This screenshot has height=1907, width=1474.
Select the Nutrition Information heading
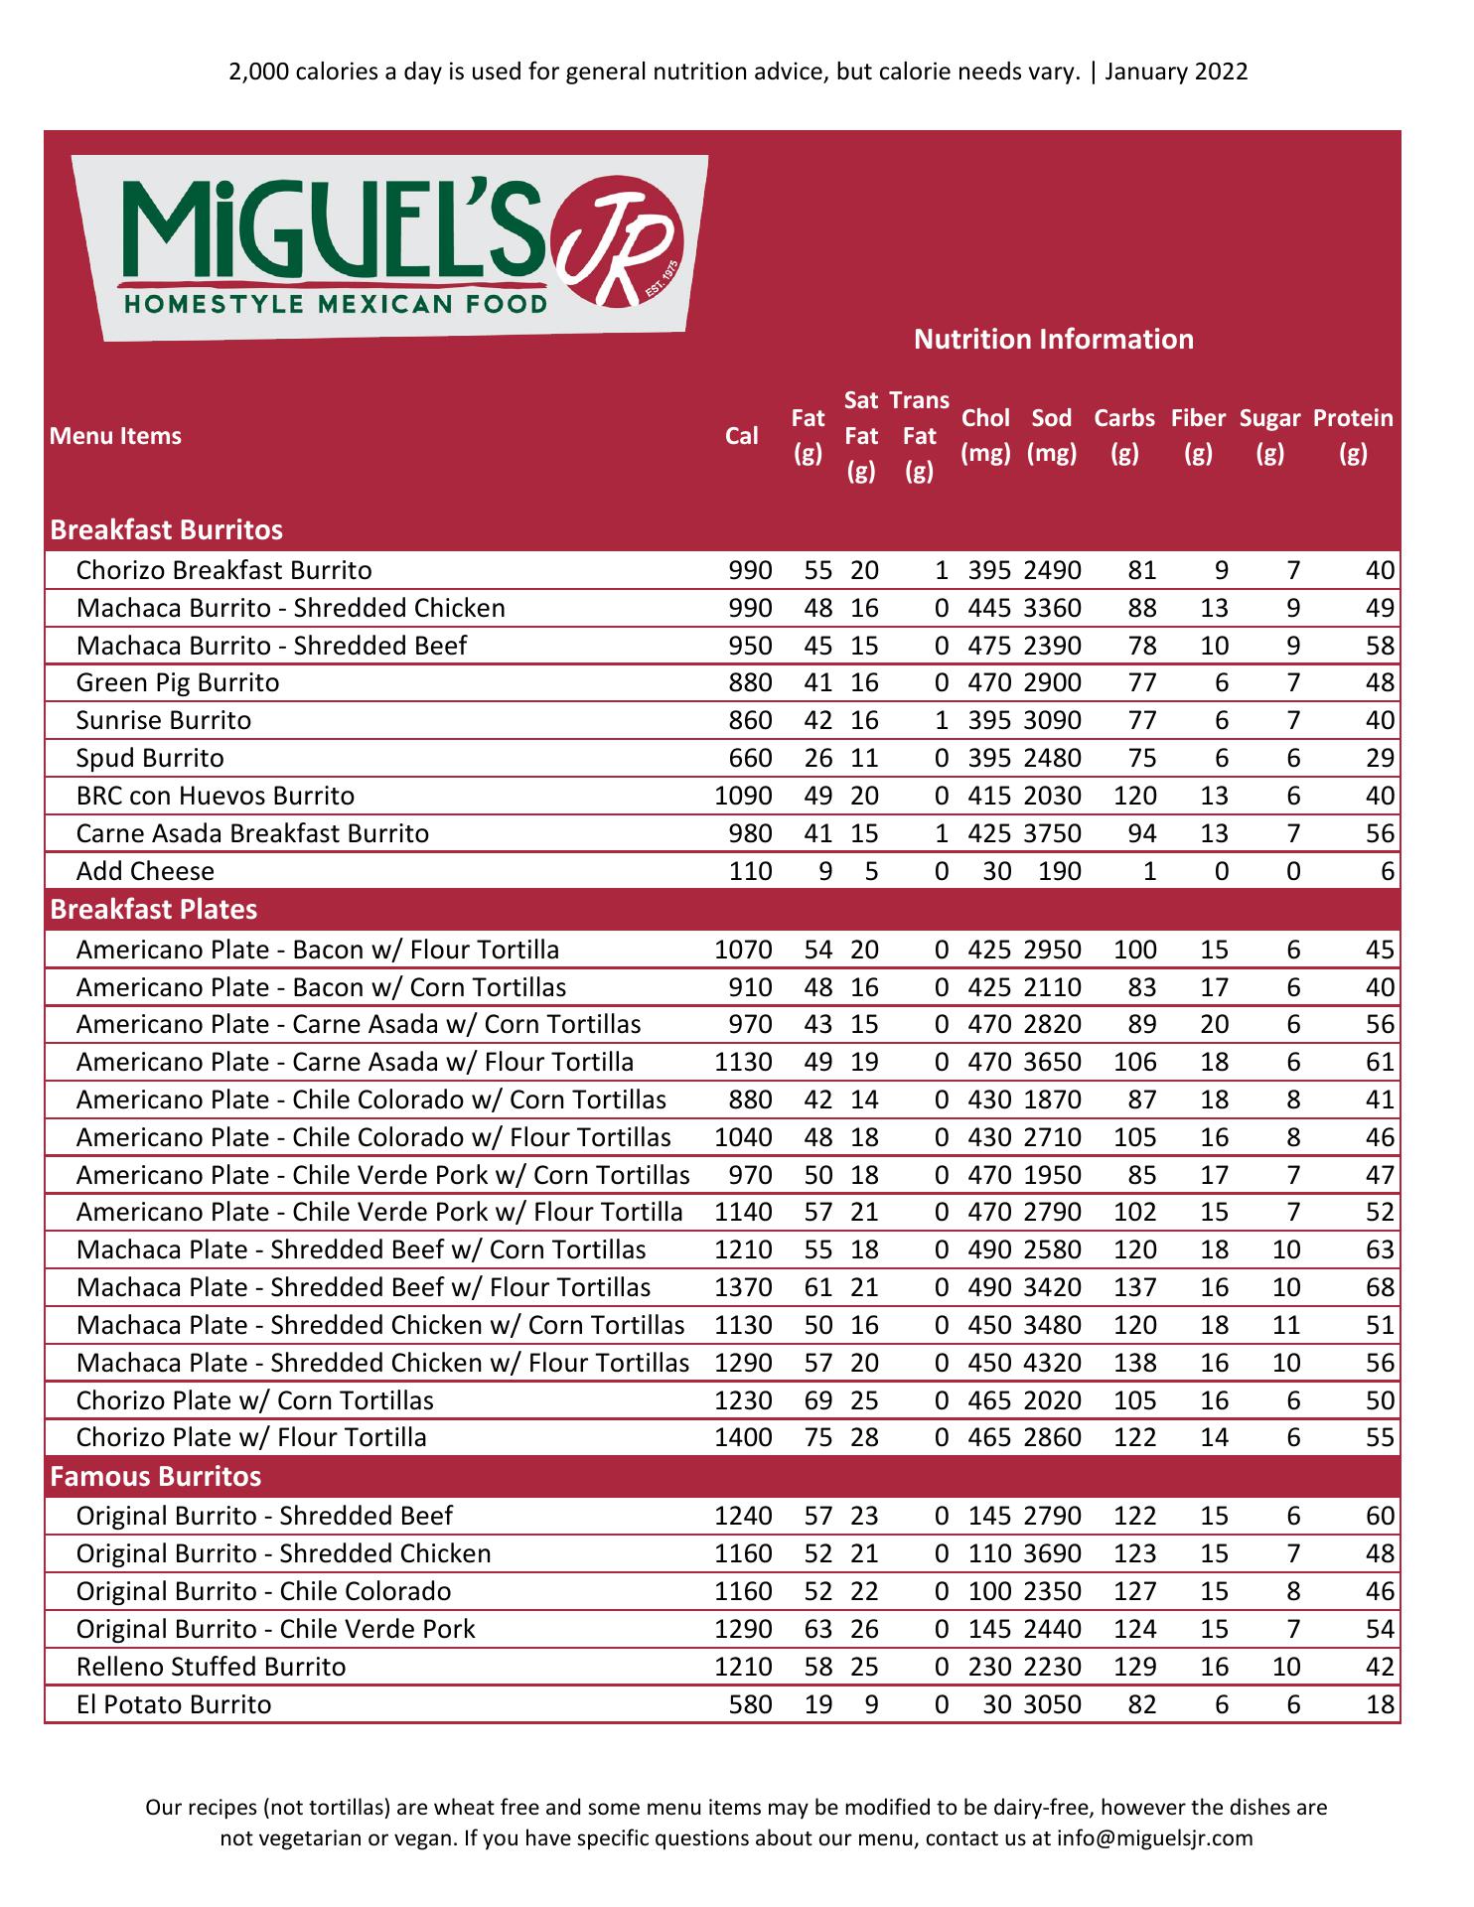[1053, 340]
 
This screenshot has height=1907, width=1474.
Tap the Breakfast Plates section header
[154, 910]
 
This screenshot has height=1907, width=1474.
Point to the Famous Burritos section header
[156, 1477]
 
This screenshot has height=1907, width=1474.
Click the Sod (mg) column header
[1052, 436]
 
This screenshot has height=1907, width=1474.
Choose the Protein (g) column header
[1353, 436]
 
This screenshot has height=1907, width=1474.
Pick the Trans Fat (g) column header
[920, 436]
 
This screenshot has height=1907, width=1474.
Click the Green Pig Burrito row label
[178, 683]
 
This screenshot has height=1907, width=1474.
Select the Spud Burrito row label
[150, 759]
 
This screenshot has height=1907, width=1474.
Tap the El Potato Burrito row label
[174, 1705]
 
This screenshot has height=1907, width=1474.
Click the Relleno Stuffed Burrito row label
[211, 1668]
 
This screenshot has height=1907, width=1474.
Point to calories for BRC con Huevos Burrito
[743, 797]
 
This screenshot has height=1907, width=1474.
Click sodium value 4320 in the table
[1052, 1364]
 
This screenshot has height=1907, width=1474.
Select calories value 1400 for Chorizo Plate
[743, 1438]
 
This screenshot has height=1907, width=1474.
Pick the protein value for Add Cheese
[1388, 872]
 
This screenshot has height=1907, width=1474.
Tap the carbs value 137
[1135, 1288]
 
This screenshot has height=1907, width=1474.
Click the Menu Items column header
[116, 436]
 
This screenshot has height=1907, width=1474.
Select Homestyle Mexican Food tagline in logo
[335, 303]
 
